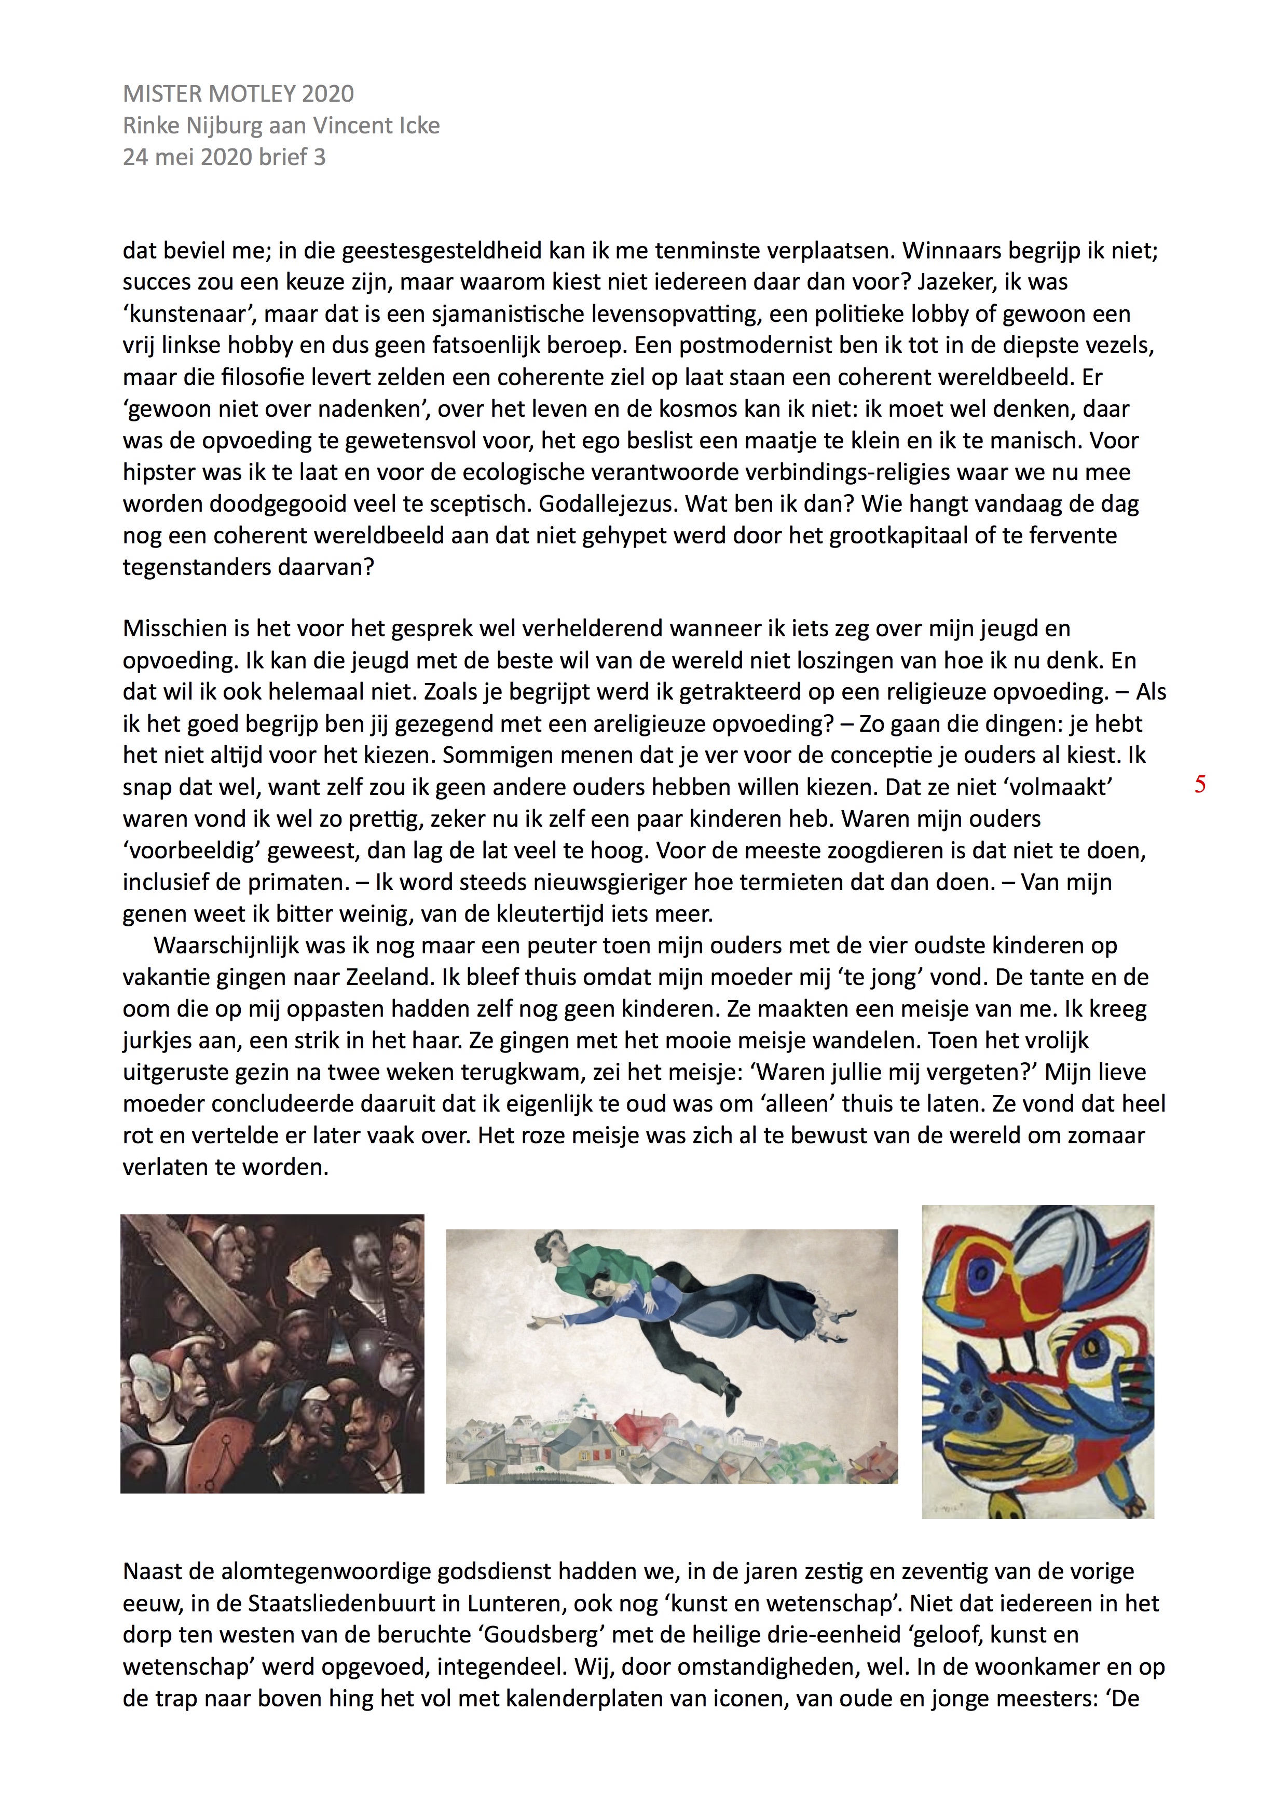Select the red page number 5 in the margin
(x=1200, y=785)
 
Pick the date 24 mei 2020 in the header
(x=194, y=157)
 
